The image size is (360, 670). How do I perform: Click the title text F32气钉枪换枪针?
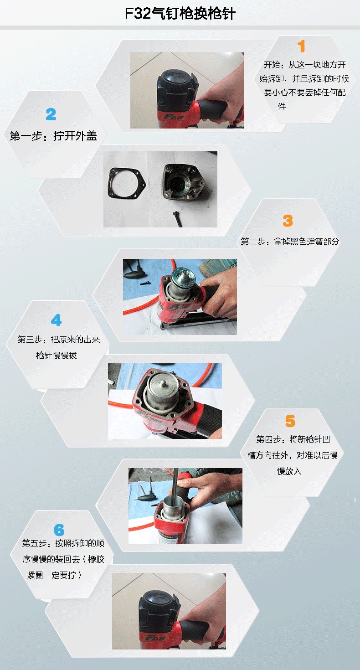[x=180, y=14]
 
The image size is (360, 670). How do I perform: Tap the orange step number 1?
[x=301, y=46]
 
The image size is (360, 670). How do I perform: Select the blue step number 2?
[x=51, y=114]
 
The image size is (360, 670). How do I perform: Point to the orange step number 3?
[x=288, y=221]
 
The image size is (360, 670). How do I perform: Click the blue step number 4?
[x=56, y=320]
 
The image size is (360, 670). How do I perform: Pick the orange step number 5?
[x=290, y=421]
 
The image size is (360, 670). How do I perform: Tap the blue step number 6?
[x=59, y=530]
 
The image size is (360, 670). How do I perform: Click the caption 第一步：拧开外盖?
[x=53, y=136]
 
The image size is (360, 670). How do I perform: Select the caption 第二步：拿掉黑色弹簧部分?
[x=290, y=242]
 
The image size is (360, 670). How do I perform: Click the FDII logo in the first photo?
[x=174, y=116]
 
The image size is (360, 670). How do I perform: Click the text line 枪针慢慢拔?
[x=56, y=356]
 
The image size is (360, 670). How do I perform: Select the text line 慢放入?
[x=289, y=471]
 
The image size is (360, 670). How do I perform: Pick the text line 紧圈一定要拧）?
[x=54, y=575]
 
